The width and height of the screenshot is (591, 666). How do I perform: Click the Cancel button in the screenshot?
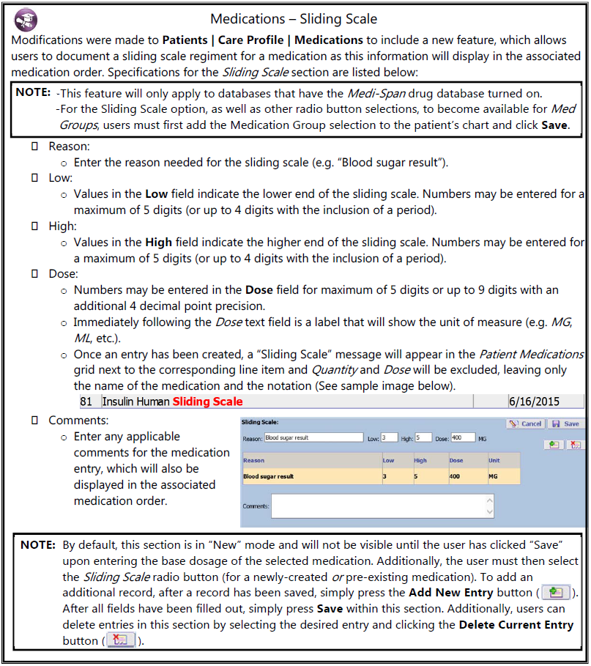[x=524, y=423]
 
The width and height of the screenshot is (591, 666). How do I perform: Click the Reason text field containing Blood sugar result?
[x=313, y=438]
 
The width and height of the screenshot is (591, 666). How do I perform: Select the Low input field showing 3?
[x=388, y=438]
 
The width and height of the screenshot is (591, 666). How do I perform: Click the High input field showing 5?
[x=423, y=438]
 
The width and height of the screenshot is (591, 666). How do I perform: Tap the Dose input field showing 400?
[x=463, y=438]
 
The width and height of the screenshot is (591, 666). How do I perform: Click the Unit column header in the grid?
[x=494, y=461]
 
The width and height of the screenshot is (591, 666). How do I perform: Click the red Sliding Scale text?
[x=207, y=402]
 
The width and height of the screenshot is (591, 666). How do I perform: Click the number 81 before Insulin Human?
[x=86, y=402]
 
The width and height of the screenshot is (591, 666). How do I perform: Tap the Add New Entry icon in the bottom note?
[x=555, y=593]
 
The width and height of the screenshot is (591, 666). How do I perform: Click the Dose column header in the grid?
[x=457, y=461]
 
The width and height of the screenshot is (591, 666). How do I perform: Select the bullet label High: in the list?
[x=62, y=226]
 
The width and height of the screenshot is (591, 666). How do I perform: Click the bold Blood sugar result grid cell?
[x=269, y=476]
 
